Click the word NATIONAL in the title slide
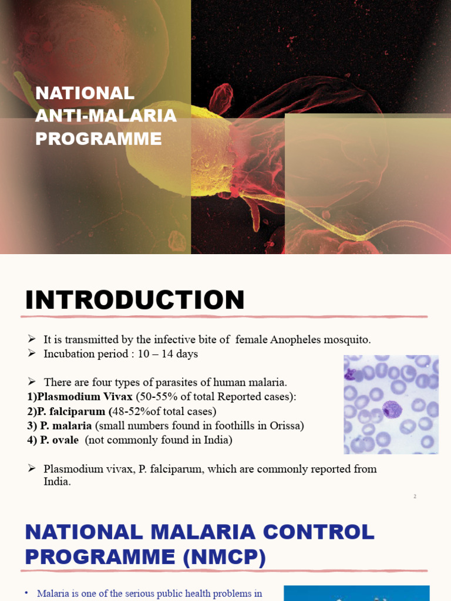click(85, 93)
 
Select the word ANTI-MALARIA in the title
click(106, 116)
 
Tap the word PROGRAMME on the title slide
click(99, 139)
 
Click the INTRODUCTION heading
click(134, 300)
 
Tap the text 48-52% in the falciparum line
click(131, 411)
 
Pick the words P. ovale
click(59, 440)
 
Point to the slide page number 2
click(415, 497)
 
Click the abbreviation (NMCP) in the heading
click(225, 556)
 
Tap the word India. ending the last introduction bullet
click(57, 481)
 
